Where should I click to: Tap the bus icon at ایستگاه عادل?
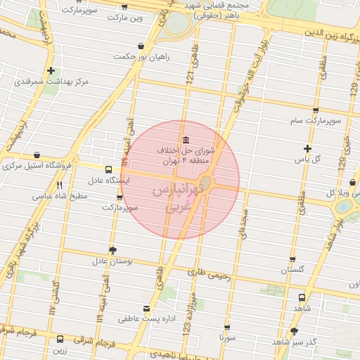(x=108, y=169)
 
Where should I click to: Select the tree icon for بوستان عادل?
(x=112, y=250)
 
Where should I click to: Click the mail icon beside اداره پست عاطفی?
(x=146, y=309)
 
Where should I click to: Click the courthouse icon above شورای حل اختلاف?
(x=185, y=139)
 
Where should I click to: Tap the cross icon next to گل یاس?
(x=307, y=148)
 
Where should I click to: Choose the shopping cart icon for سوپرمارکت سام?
(x=316, y=110)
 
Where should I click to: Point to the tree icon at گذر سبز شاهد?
(x=294, y=330)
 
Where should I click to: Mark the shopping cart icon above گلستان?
(x=293, y=259)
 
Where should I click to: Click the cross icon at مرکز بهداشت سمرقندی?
(x=51, y=70)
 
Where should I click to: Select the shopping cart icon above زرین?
(x=60, y=339)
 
